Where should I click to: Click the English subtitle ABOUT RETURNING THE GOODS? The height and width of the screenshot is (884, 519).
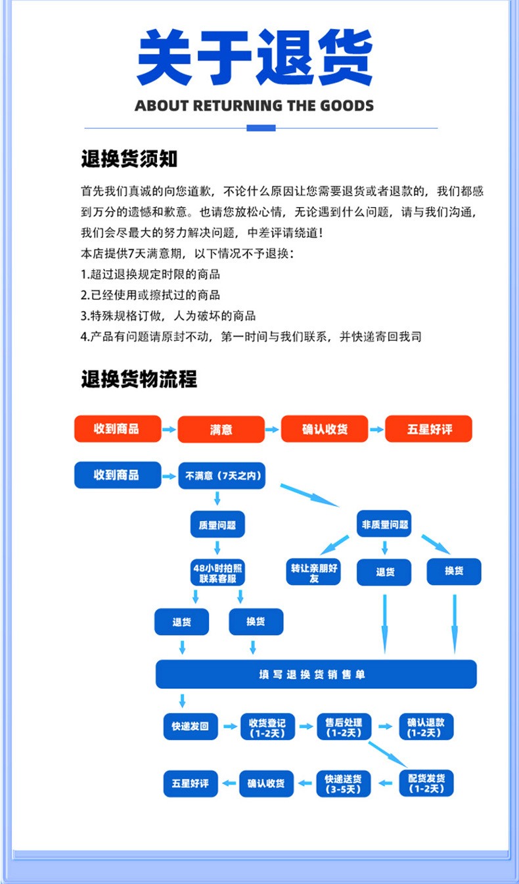(254, 106)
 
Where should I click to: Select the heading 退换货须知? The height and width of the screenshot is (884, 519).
(129, 159)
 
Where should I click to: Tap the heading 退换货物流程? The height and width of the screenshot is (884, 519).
(139, 379)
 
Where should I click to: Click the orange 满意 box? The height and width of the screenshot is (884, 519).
(221, 430)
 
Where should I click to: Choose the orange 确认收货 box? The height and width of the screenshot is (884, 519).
(325, 430)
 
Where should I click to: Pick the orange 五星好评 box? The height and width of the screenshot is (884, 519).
(428, 430)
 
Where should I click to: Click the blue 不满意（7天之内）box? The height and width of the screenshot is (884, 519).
(221, 476)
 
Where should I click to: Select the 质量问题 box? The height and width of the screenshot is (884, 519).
(217, 525)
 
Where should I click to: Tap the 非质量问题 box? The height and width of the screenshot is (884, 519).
(384, 524)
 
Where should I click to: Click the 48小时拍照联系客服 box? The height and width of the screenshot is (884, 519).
(217, 573)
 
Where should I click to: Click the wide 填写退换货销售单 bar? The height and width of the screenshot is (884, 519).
(315, 674)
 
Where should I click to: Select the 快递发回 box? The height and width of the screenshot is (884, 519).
(190, 726)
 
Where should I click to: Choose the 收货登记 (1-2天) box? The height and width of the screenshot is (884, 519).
(267, 726)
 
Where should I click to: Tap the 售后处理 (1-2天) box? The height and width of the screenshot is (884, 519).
(344, 726)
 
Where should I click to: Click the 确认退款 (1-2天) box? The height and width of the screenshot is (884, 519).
(426, 726)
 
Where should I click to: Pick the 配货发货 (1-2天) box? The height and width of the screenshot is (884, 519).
(426, 783)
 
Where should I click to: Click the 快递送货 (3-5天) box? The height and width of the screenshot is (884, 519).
(344, 783)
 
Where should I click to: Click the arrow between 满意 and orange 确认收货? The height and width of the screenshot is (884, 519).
(273, 430)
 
